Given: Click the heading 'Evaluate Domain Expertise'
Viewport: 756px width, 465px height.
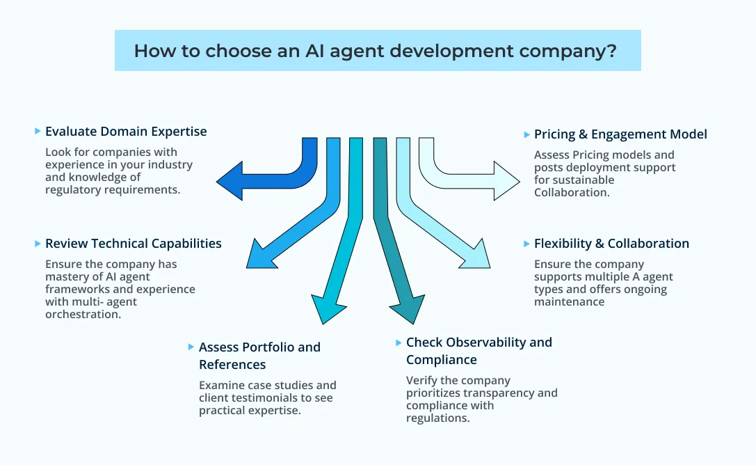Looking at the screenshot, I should [x=126, y=131].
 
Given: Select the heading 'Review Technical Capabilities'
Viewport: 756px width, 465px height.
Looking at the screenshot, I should [x=133, y=244].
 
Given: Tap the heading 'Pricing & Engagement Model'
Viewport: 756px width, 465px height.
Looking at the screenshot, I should [x=620, y=134].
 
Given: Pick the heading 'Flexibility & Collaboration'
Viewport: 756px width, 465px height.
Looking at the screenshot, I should [x=611, y=244].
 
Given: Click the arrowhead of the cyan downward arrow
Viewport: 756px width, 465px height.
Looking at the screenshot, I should [x=324, y=309].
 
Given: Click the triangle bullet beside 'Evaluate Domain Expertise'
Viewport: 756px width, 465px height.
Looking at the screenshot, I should [x=37, y=131].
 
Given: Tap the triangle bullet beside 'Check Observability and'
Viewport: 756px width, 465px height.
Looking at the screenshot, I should [x=399, y=342].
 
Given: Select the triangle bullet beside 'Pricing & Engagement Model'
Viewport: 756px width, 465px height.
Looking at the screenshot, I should [x=526, y=134].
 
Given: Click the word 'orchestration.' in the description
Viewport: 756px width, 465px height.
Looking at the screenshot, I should [x=83, y=315].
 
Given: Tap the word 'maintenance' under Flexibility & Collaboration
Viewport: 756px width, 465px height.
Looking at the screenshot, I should [x=569, y=302].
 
